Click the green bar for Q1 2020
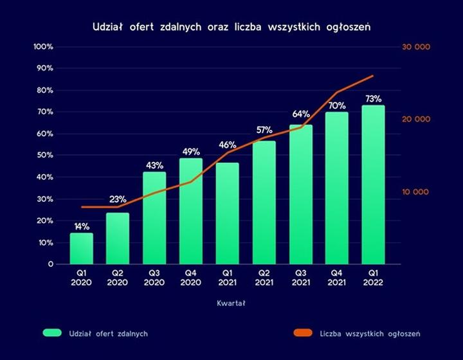[81, 248]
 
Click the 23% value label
[118, 199]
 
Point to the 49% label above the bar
[191, 152]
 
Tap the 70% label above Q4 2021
[337, 105]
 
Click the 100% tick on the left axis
[43, 47]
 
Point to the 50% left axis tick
[44, 156]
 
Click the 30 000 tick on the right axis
[416, 47]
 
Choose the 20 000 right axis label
[416, 120]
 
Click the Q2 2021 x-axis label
[264, 278]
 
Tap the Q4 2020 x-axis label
[191, 278]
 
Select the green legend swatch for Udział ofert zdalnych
[52, 333]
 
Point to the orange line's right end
[373, 76]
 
